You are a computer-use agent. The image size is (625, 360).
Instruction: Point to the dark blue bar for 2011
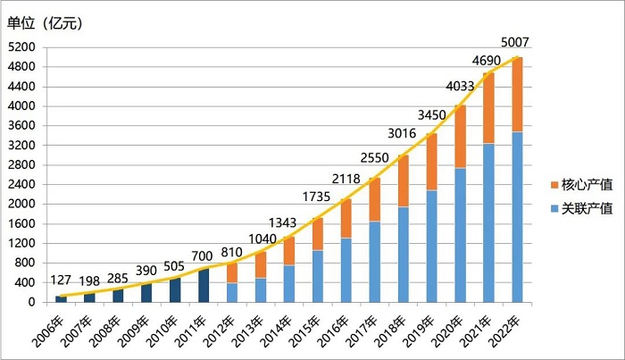tap(204, 285)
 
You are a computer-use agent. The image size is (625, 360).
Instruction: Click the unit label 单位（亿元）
tap(46, 23)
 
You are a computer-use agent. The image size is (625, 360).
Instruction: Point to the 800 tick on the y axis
tap(28, 263)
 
